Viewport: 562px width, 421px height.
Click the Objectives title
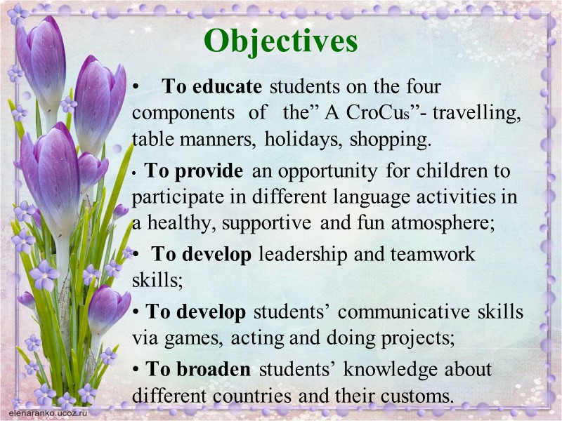click(280, 41)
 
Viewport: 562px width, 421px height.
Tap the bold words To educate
click(212, 87)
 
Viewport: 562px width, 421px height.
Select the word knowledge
click(373, 369)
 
